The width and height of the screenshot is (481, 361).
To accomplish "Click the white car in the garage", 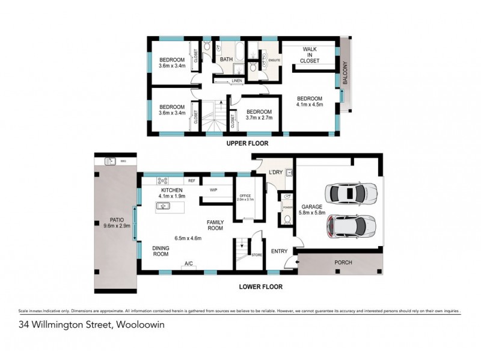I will click(351, 194).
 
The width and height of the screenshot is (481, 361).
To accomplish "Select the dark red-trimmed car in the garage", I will click(351, 226).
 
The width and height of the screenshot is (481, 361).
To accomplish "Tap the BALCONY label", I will click(345, 75).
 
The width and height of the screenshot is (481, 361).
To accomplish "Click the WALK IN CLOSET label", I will click(310, 54).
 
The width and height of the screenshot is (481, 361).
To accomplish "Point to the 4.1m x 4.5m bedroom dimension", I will click(310, 104).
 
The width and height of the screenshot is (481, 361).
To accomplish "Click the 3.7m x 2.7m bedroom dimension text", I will click(259, 118).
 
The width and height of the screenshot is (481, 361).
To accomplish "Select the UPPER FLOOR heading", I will click(247, 144).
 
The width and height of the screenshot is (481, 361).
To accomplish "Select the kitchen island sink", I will click(162, 206).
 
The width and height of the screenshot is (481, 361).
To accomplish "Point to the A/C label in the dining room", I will click(188, 264).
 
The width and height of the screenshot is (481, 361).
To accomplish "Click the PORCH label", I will click(343, 263).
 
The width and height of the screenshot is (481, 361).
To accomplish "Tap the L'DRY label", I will click(276, 173).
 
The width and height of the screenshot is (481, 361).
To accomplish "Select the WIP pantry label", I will click(213, 190).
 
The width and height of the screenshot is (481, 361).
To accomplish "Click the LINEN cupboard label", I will click(237, 80).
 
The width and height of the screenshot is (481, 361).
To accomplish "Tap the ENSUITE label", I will click(274, 60).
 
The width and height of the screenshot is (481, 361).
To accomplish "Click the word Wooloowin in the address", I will click(141, 325).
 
